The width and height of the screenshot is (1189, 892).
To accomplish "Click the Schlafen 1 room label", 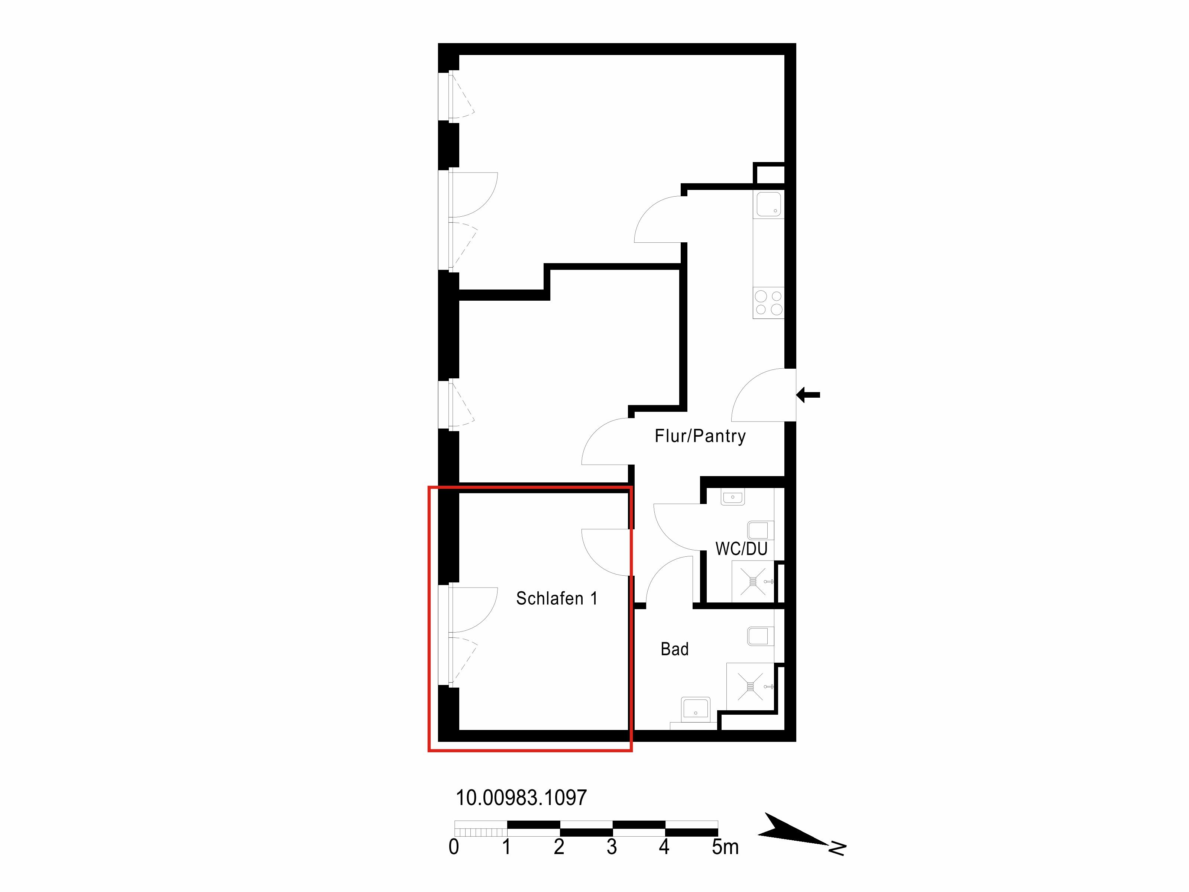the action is click(556, 598).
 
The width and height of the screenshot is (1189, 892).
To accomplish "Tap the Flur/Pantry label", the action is click(700, 436).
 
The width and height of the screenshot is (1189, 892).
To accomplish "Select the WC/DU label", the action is click(741, 549).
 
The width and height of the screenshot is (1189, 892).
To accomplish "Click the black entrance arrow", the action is click(808, 395).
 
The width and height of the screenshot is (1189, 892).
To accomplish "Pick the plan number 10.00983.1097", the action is click(521, 797).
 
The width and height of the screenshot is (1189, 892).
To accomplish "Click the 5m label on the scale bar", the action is click(725, 847).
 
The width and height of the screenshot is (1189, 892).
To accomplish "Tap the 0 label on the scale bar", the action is click(454, 847).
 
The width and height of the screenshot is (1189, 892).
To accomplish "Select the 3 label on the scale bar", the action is click(612, 847).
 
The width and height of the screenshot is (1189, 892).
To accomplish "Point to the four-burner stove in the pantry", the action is click(768, 303).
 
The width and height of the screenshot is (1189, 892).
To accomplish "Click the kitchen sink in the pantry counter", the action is click(769, 204).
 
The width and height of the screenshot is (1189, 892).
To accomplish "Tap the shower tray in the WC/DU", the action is click(752, 581).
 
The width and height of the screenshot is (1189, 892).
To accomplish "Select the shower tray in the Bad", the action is click(750, 686).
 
